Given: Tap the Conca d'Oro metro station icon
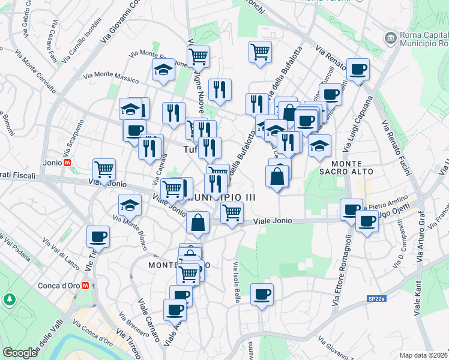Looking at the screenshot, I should pyautogui.click(x=86, y=285).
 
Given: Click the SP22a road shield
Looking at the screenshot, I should pyautogui.click(x=377, y=298).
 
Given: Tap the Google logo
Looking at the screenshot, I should pyautogui.click(x=20, y=353).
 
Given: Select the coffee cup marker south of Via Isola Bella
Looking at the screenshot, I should pyautogui.click(x=262, y=295).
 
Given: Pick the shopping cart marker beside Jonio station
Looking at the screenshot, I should pyautogui.click(x=104, y=170).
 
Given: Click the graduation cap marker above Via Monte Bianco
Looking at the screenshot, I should pyautogui.click(x=130, y=205).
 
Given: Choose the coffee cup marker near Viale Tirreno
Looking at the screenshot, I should pyautogui.click(x=98, y=236).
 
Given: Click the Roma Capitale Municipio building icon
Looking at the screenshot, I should pyautogui.click(x=391, y=38).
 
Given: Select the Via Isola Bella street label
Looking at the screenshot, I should pyautogui.click(x=237, y=283).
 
